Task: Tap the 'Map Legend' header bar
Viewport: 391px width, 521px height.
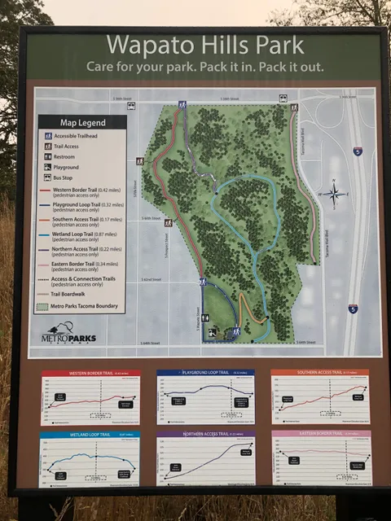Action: point(81,122)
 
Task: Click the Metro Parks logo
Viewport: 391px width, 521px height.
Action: point(68,334)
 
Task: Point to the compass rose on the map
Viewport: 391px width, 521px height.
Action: point(334,194)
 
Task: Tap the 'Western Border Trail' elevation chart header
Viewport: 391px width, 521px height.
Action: point(90,374)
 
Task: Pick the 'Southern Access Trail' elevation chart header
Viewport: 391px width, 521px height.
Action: point(319,373)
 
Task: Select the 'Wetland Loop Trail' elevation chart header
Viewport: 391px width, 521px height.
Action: point(90,436)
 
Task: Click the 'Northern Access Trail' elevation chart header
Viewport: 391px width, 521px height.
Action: point(205,435)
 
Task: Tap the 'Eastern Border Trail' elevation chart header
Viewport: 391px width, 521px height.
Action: point(321,435)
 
